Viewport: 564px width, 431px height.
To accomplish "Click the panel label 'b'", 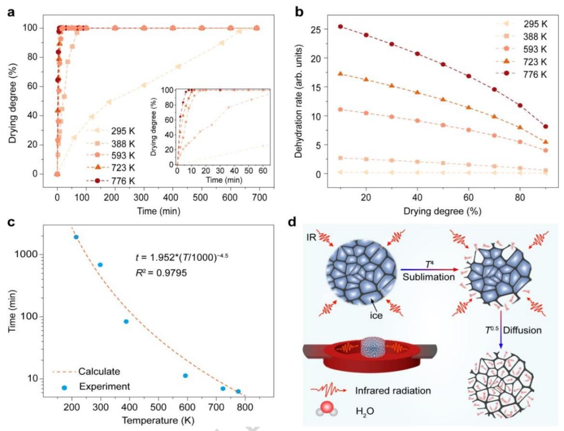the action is [299, 12].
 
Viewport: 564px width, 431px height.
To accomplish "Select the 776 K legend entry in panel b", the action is [525, 75].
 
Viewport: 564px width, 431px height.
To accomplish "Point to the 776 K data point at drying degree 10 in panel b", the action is [340, 26].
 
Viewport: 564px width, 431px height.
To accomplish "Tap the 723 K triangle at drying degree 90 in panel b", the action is [546, 142].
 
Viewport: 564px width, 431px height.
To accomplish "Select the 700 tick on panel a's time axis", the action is [260, 197].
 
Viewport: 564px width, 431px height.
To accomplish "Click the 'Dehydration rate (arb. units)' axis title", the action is [298, 101].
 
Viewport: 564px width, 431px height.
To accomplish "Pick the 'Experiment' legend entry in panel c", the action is [96, 387].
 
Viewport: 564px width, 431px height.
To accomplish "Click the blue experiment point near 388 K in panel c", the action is [126, 321].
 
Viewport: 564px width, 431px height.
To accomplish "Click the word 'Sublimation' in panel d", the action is [428, 277].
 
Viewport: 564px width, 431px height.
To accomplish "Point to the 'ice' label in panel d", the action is [376, 316].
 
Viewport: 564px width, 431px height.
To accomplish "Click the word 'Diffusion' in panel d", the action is [522, 330].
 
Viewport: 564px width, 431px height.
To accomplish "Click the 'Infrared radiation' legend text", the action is [393, 390].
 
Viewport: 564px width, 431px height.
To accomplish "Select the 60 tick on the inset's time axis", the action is [263, 170].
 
